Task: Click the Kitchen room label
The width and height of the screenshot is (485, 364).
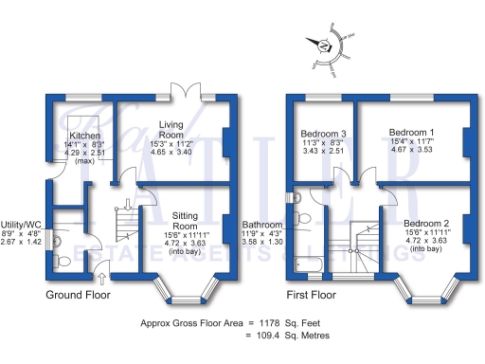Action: pyautogui.click(x=75, y=136)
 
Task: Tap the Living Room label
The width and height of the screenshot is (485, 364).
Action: pyautogui.click(x=171, y=124)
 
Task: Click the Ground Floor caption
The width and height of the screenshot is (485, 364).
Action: pyautogui.click(x=78, y=295)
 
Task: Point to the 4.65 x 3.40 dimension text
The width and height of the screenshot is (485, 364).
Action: pyautogui.click(x=171, y=151)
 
